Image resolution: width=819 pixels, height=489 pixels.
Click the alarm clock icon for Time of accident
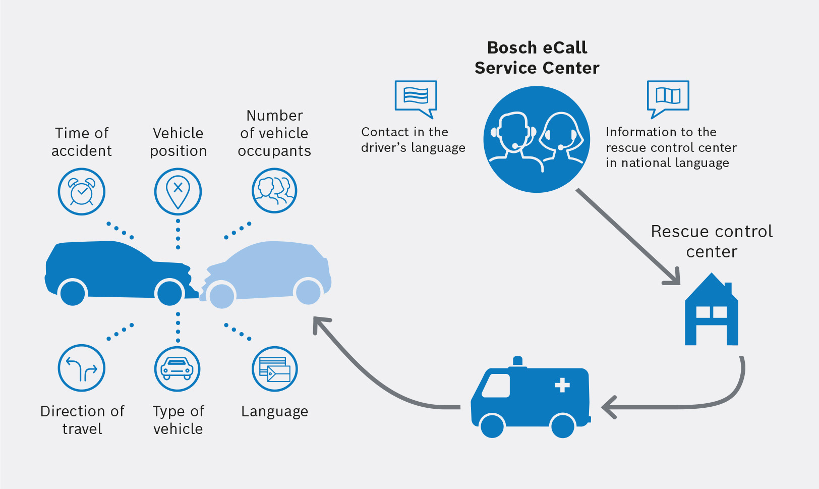coord(82,192)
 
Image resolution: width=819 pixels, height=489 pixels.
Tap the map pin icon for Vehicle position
coord(178,192)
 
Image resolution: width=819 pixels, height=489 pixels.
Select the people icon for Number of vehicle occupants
coord(274,191)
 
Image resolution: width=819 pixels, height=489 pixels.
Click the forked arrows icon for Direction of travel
coord(82,368)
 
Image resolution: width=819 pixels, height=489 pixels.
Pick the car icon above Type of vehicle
coord(177,369)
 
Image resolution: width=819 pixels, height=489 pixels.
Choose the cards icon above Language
coord(274,369)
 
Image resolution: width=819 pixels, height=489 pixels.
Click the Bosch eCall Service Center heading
coord(537,58)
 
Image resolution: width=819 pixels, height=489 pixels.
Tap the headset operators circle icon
coord(537,139)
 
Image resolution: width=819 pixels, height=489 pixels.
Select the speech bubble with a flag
coord(416,97)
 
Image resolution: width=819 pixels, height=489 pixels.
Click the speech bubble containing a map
coord(668,97)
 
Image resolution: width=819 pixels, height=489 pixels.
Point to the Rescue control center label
coord(712,241)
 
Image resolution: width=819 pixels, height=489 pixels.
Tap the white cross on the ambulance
coord(562,386)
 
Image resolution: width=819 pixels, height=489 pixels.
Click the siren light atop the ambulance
coord(517,361)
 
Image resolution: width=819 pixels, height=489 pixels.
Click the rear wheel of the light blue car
coord(308,292)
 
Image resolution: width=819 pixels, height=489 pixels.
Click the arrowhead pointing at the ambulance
coord(608,407)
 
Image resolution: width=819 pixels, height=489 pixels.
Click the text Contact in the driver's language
coord(413,140)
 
